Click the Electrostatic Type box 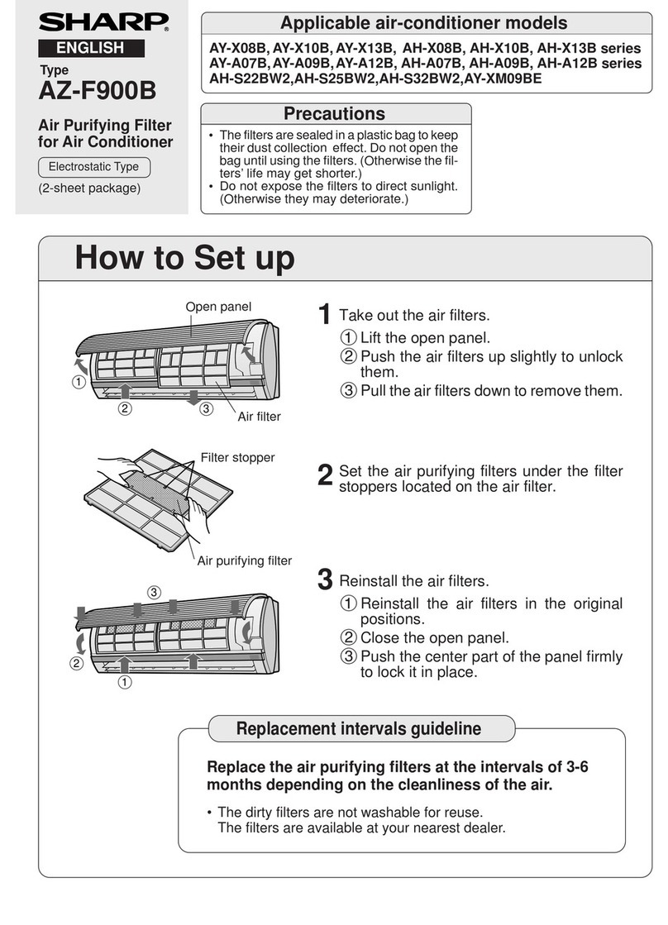[x=93, y=167]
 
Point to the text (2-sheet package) [x=89, y=188]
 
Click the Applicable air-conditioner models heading [x=424, y=23]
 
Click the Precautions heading [x=336, y=113]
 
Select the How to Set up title [x=184, y=258]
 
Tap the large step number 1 [x=326, y=316]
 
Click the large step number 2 [x=326, y=475]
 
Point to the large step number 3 [x=326, y=580]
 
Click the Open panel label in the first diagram [x=218, y=307]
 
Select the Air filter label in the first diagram [x=260, y=417]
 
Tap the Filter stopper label [x=238, y=456]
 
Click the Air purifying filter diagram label [x=245, y=560]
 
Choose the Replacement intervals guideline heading [x=359, y=728]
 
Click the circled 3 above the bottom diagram [x=153, y=591]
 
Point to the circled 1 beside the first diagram [x=78, y=383]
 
